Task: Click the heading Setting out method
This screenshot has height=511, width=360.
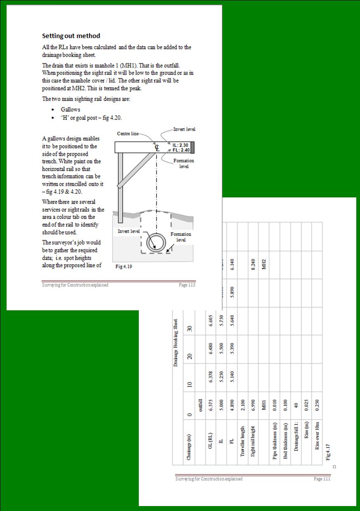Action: (71, 36)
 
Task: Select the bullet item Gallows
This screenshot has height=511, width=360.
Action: (70, 110)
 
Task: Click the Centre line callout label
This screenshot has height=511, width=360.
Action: (128, 134)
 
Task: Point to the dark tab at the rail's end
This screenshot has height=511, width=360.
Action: (192, 147)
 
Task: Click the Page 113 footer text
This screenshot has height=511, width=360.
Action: (187, 285)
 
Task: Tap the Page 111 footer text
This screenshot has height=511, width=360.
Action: (322, 479)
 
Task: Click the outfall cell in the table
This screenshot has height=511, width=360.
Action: (200, 406)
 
